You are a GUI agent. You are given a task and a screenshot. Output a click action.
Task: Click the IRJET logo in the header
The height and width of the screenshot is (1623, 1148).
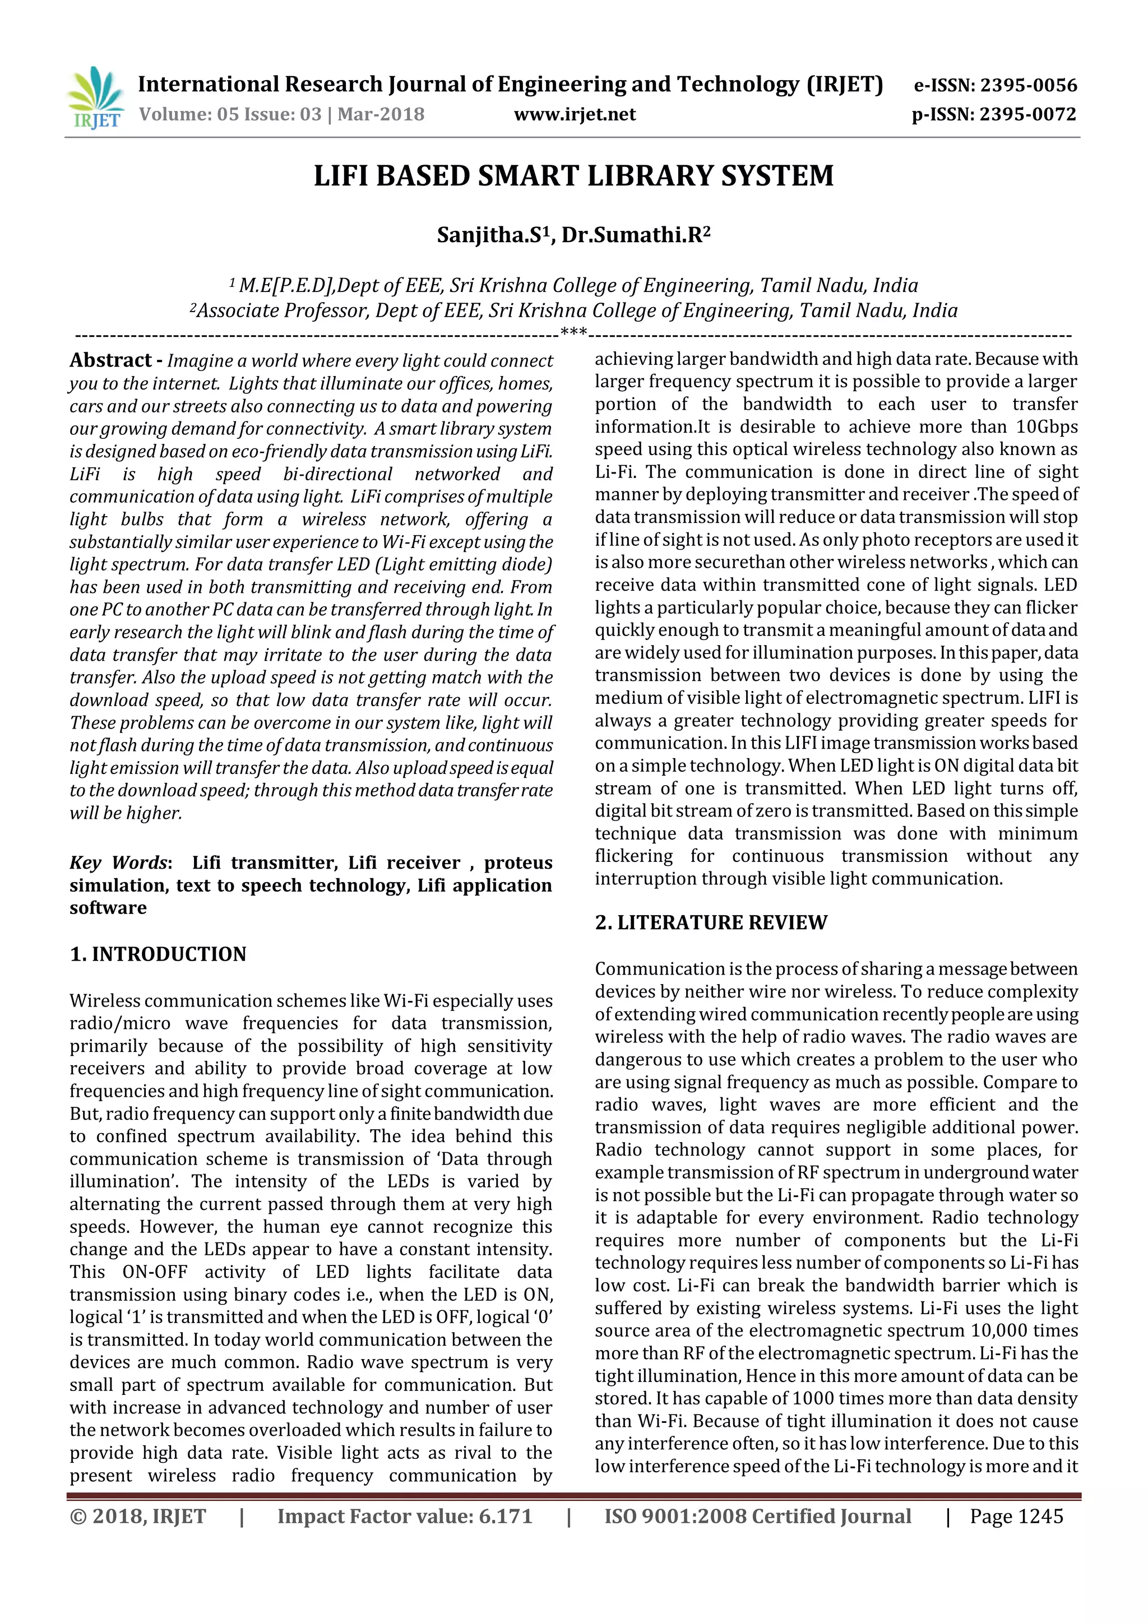pos(95,99)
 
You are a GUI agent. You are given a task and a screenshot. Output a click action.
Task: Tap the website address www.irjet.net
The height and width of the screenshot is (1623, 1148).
pos(574,114)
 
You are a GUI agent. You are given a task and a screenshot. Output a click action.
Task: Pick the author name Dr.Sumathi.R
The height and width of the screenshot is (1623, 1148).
pos(635,235)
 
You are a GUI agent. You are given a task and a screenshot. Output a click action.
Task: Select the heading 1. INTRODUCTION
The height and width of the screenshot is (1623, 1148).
pos(158,954)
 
